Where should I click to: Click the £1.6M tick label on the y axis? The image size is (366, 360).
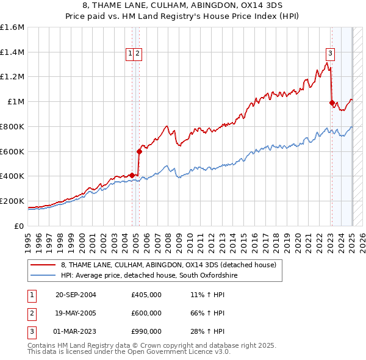click(x=12, y=27)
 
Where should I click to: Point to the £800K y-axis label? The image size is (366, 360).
click(x=12, y=126)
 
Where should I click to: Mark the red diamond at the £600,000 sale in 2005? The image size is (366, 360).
click(x=139, y=151)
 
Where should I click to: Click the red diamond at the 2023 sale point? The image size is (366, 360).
click(x=332, y=103)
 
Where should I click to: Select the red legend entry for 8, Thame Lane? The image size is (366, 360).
click(x=168, y=265)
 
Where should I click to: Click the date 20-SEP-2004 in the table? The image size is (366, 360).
click(x=76, y=295)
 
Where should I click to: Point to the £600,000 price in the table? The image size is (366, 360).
click(x=146, y=313)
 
